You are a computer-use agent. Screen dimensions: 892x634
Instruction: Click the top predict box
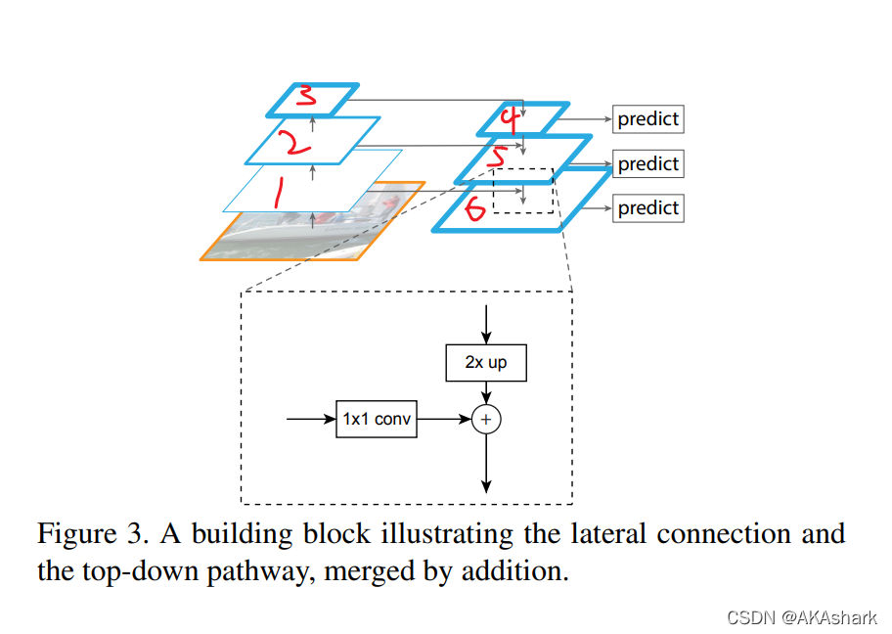click(x=647, y=119)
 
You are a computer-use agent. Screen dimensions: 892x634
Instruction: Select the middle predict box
click(x=647, y=164)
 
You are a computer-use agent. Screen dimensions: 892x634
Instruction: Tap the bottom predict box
click(x=647, y=208)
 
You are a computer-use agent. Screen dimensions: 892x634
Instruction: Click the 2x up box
click(x=486, y=363)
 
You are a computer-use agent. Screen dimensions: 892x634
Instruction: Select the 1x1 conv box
click(x=377, y=419)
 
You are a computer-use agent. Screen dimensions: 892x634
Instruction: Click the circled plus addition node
click(x=486, y=420)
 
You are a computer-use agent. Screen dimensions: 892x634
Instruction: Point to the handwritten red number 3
click(x=307, y=95)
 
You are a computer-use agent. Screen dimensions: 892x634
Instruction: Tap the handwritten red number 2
click(x=296, y=142)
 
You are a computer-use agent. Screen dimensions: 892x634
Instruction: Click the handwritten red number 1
click(x=278, y=193)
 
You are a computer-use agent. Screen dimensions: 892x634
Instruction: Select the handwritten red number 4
click(x=511, y=119)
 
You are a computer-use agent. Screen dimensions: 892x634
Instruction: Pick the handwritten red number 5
click(x=498, y=158)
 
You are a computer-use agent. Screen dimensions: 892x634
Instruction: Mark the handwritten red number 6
click(x=474, y=207)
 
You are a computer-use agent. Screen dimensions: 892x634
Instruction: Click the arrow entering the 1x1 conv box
click(x=311, y=419)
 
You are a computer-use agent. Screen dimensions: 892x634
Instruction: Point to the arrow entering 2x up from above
click(x=486, y=325)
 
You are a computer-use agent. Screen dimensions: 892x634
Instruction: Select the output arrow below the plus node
click(x=486, y=463)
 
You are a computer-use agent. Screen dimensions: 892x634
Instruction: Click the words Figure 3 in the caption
click(x=93, y=534)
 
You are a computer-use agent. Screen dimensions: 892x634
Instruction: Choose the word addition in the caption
click(x=514, y=570)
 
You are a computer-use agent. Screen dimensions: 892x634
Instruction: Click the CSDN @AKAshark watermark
click(x=802, y=617)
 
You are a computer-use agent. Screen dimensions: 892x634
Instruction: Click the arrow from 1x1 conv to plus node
click(x=444, y=419)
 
